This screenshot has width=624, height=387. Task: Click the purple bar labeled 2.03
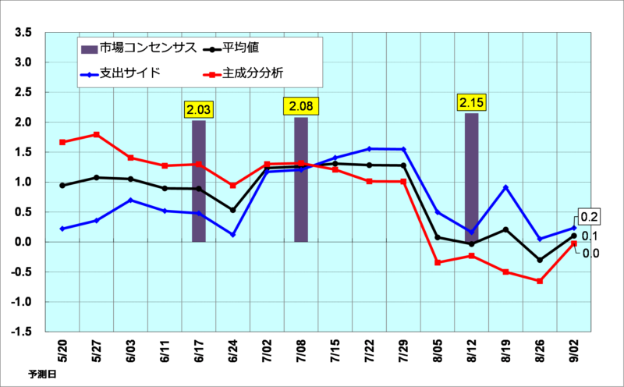point(199,181)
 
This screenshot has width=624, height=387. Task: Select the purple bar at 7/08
point(301,179)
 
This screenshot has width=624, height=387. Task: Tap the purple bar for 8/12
point(471,177)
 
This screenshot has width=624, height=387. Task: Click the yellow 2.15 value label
point(471,102)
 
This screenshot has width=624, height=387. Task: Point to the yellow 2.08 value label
point(301,105)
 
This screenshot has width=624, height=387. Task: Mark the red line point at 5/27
point(97,134)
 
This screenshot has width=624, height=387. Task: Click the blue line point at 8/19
point(505,187)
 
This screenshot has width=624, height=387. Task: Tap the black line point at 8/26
point(540,260)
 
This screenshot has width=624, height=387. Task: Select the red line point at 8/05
point(438,262)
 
